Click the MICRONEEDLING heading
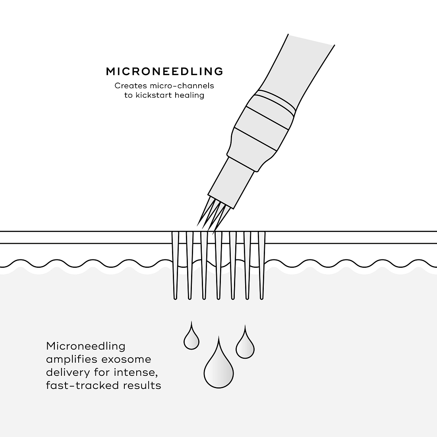[164, 72]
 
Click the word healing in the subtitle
[189, 95]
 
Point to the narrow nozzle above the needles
[231, 183]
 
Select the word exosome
[126, 359]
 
